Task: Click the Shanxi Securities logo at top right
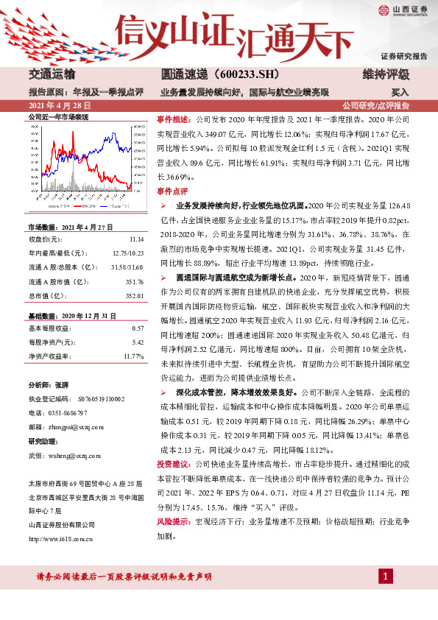(403, 10)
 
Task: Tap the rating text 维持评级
(386, 75)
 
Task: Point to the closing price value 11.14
(135, 239)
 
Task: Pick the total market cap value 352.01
(134, 295)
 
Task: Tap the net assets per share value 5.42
(138, 342)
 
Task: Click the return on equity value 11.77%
(134, 356)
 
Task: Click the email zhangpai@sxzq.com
(82, 426)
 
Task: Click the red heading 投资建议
(174, 465)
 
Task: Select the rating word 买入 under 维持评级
(400, 93)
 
